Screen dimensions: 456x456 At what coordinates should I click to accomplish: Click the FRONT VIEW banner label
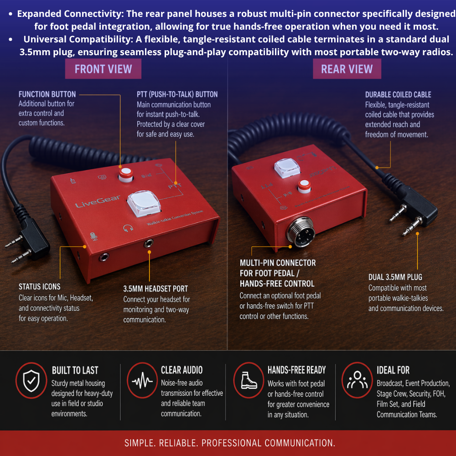(x=103, y=69)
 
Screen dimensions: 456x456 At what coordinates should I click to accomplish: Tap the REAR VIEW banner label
(x=347, y=69)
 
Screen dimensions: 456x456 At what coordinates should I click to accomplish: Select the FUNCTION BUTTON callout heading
(x=47, y=94)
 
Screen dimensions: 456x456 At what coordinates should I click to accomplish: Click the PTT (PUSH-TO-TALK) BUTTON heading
(x=177, y=94)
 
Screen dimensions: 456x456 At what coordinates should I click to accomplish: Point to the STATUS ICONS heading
(x=39, y=287)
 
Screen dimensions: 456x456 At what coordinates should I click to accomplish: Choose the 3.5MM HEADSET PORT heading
(x=155, y=289)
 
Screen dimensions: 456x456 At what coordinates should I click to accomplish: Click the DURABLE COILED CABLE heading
(x=398, y=95)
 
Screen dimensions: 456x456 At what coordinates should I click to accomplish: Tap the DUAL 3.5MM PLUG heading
(x=395, y=277)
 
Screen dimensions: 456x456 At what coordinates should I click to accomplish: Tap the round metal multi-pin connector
(x=300, y=232)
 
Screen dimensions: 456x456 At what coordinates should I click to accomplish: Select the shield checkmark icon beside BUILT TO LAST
(x=31, y=381)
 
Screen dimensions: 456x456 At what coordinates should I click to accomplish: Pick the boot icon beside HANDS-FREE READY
(x=249, y=381)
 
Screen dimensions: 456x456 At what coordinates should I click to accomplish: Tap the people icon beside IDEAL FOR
(x=357, y=380)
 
